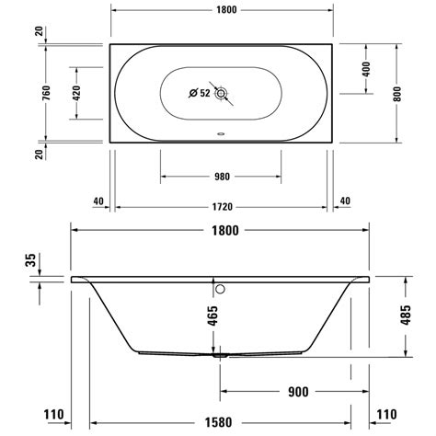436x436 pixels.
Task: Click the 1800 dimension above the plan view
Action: coord(221,12)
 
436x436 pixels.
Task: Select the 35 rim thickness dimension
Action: coord(30,262)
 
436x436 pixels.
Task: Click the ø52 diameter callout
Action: coord(199,92)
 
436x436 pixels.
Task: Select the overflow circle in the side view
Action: coord(220,288)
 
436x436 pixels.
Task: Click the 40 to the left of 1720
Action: coord(98,201)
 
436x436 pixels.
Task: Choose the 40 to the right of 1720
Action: coord(345,201)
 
